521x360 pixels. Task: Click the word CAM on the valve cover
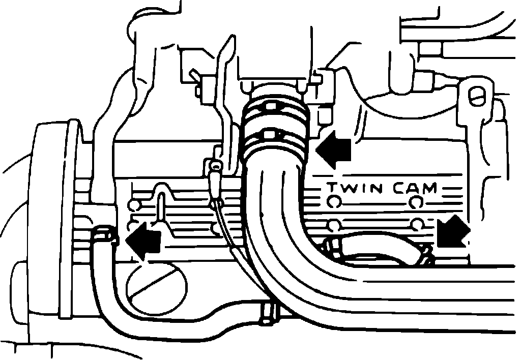[415, 188]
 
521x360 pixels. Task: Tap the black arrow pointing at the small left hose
[143, 241]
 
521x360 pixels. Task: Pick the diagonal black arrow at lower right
[452, 231]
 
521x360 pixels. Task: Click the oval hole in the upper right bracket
[477, 94]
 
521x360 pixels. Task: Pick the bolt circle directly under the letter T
[333, 202]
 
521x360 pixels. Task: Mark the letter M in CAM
[428, 188]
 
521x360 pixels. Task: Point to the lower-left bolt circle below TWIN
[333, 225]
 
